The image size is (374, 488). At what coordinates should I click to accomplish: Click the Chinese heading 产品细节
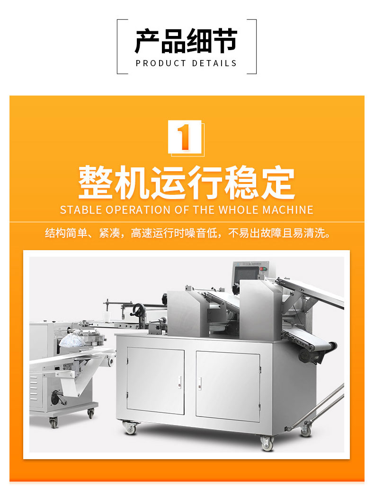(x=186, y=41)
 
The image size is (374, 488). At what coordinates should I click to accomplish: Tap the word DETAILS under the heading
(x=214, y=63)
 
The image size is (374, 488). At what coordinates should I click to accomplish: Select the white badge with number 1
(x=185, y=137)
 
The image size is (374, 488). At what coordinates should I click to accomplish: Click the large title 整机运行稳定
(x=187, y=183)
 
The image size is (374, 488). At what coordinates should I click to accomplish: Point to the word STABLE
(x=81, y=210)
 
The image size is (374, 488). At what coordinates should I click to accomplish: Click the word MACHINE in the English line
(x=288, y=210)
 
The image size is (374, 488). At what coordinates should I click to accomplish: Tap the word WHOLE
(x=239, y=210)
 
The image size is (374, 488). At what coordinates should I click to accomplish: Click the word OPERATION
(x=138, y=210)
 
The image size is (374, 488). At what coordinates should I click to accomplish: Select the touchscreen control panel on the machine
(x=248, y=273)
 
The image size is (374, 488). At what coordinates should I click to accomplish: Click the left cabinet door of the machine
(x=155, y=381)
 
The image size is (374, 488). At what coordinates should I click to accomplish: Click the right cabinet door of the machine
(x=228, y=386)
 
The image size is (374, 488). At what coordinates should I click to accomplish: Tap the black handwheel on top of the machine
(x=137, y=310)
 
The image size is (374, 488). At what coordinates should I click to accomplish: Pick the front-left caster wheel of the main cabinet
(x=130, y=427)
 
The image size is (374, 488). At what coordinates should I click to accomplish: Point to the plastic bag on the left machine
(x=72, y=340)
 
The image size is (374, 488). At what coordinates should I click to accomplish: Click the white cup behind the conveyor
(x=107, y=316)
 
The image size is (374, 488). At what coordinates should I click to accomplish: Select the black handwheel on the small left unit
(x=56, y=397)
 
